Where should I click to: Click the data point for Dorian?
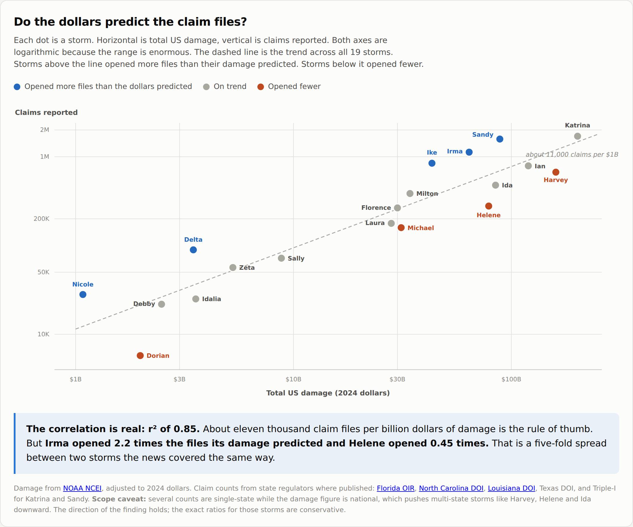(140, 355)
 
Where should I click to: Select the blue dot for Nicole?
(83, 294)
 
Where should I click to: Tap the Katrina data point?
(577, 136)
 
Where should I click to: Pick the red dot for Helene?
(488, 206)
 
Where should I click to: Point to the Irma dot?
(469, 152)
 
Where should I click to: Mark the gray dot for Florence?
(398, 208)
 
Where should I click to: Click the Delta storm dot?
(193, 250)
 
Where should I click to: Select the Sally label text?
(296, 258)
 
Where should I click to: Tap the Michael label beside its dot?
(421, 228)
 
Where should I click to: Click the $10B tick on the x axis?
(293, 379)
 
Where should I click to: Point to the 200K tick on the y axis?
(41, 219)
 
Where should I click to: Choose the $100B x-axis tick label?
(511, 379)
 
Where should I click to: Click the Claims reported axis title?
(46, 113)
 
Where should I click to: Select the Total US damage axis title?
(328, 393)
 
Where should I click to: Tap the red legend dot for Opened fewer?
(261, 87)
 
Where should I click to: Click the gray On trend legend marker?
(206, 87)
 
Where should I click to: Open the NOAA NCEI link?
(82, 488)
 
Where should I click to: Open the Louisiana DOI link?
(511, 488)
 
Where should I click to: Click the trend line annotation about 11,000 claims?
(572, 154)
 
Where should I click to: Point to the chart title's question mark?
(243, 22)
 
